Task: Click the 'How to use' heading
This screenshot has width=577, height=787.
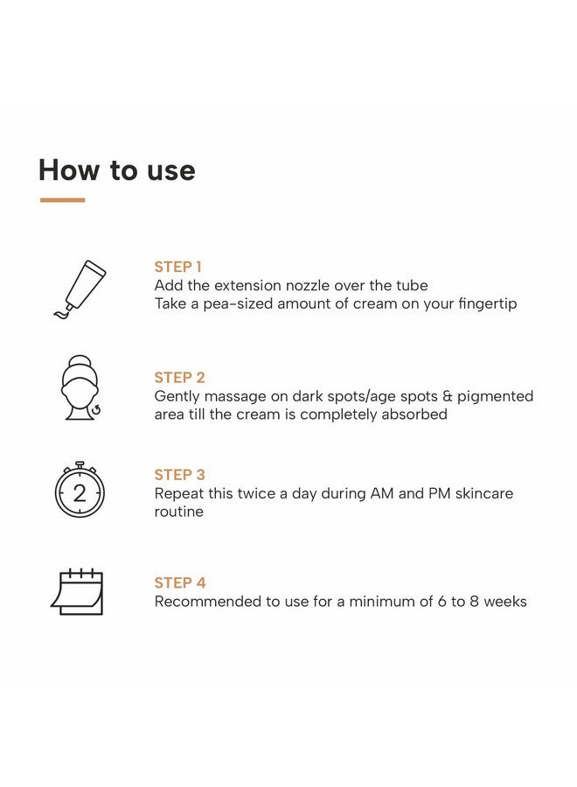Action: point(117,171)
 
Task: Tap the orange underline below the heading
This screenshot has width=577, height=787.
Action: point(62,199)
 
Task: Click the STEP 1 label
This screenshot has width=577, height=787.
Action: point(177,267)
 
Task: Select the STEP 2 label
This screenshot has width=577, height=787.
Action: point(179,378)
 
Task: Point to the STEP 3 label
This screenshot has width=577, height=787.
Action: point(179,475)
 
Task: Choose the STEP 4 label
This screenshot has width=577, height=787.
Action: point(180,582)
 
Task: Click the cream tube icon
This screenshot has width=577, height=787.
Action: point(80,289)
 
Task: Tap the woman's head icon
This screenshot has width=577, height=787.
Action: point(80,387)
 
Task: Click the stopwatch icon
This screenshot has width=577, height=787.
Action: point(80,490)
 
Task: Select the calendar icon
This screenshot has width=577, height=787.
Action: point(77,592)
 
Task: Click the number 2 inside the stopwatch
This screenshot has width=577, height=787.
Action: point(80,494)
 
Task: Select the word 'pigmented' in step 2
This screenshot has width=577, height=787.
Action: point(495,397)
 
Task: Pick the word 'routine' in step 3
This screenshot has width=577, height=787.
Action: point(178,512)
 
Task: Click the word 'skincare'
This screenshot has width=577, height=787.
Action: point(484,493)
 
